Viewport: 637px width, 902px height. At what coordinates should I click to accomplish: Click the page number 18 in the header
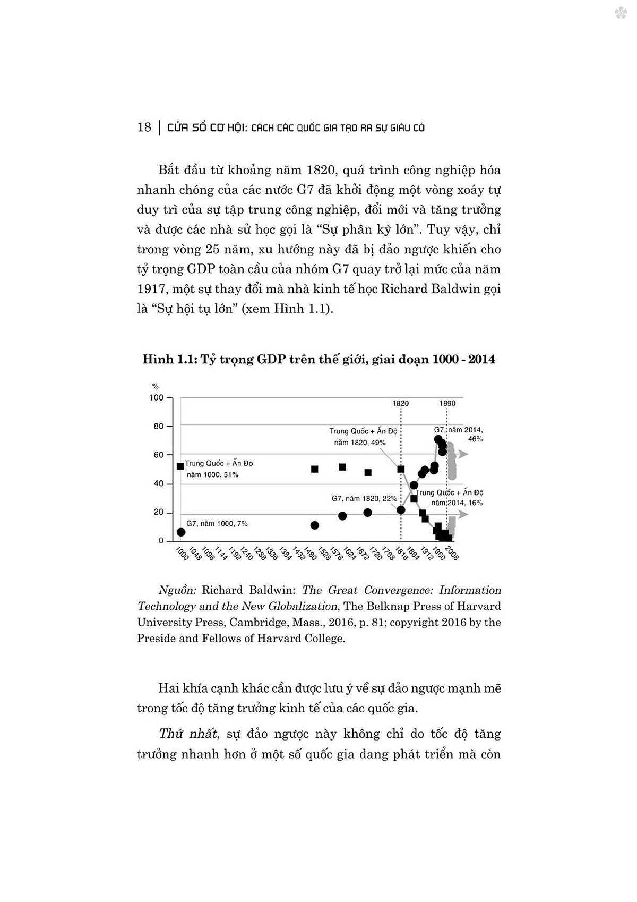144,127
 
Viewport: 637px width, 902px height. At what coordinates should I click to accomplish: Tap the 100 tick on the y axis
157,398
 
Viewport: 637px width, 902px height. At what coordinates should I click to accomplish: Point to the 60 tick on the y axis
159,455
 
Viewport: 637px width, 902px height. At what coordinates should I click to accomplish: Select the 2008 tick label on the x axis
452,554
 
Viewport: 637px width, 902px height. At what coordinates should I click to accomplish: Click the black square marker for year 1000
180,466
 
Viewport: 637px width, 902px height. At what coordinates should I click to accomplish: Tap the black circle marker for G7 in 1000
181,532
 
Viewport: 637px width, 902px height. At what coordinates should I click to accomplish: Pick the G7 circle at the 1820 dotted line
401,510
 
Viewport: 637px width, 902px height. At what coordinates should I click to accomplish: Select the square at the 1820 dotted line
401,469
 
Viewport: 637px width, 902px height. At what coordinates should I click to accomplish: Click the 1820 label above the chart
401,403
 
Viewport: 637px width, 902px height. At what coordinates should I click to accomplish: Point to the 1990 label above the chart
447,403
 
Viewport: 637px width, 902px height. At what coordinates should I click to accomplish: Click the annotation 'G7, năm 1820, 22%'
364,499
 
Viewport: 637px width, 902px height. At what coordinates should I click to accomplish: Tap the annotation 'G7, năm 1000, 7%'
217,524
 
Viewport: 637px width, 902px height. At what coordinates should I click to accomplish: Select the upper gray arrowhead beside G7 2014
464,454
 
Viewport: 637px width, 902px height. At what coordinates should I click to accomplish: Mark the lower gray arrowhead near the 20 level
464,514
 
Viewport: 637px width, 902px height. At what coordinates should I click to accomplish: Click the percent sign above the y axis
156,386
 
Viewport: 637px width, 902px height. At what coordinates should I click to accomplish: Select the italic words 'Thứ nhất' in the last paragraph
188,734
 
